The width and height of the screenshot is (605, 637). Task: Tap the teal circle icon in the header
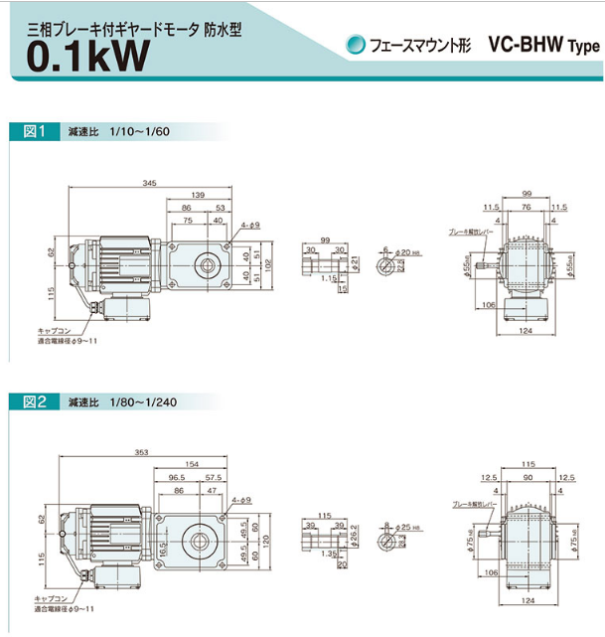coord(355,45)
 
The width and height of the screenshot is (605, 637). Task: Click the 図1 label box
coord(35,131)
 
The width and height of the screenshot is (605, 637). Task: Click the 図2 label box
coord(35,401)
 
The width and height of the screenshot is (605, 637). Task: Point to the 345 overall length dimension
coord(150,184)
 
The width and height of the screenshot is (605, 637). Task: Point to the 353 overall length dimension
coord(142,453)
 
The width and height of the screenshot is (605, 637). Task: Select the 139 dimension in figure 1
coord(198,195)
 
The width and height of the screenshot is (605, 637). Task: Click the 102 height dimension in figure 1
coord(268,263)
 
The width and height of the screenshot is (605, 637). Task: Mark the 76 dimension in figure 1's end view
coord(527,209)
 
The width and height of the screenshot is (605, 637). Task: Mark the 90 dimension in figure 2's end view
coord(527,477)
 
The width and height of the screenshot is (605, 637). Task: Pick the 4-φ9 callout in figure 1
coord(249,226)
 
